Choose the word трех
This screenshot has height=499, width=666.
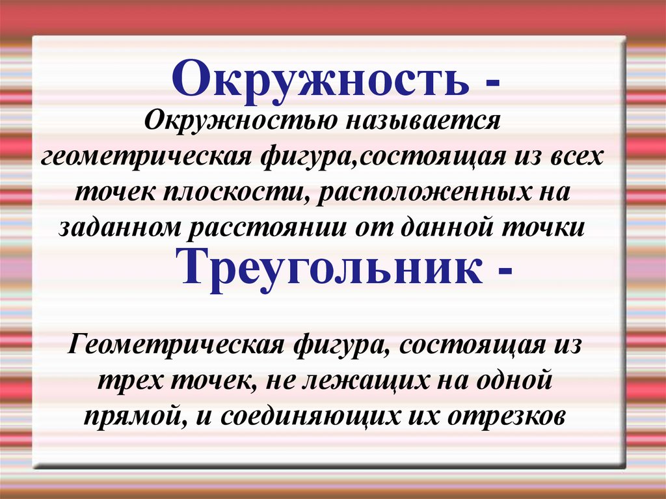(133, 381)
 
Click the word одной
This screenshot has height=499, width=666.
(515, 379)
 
